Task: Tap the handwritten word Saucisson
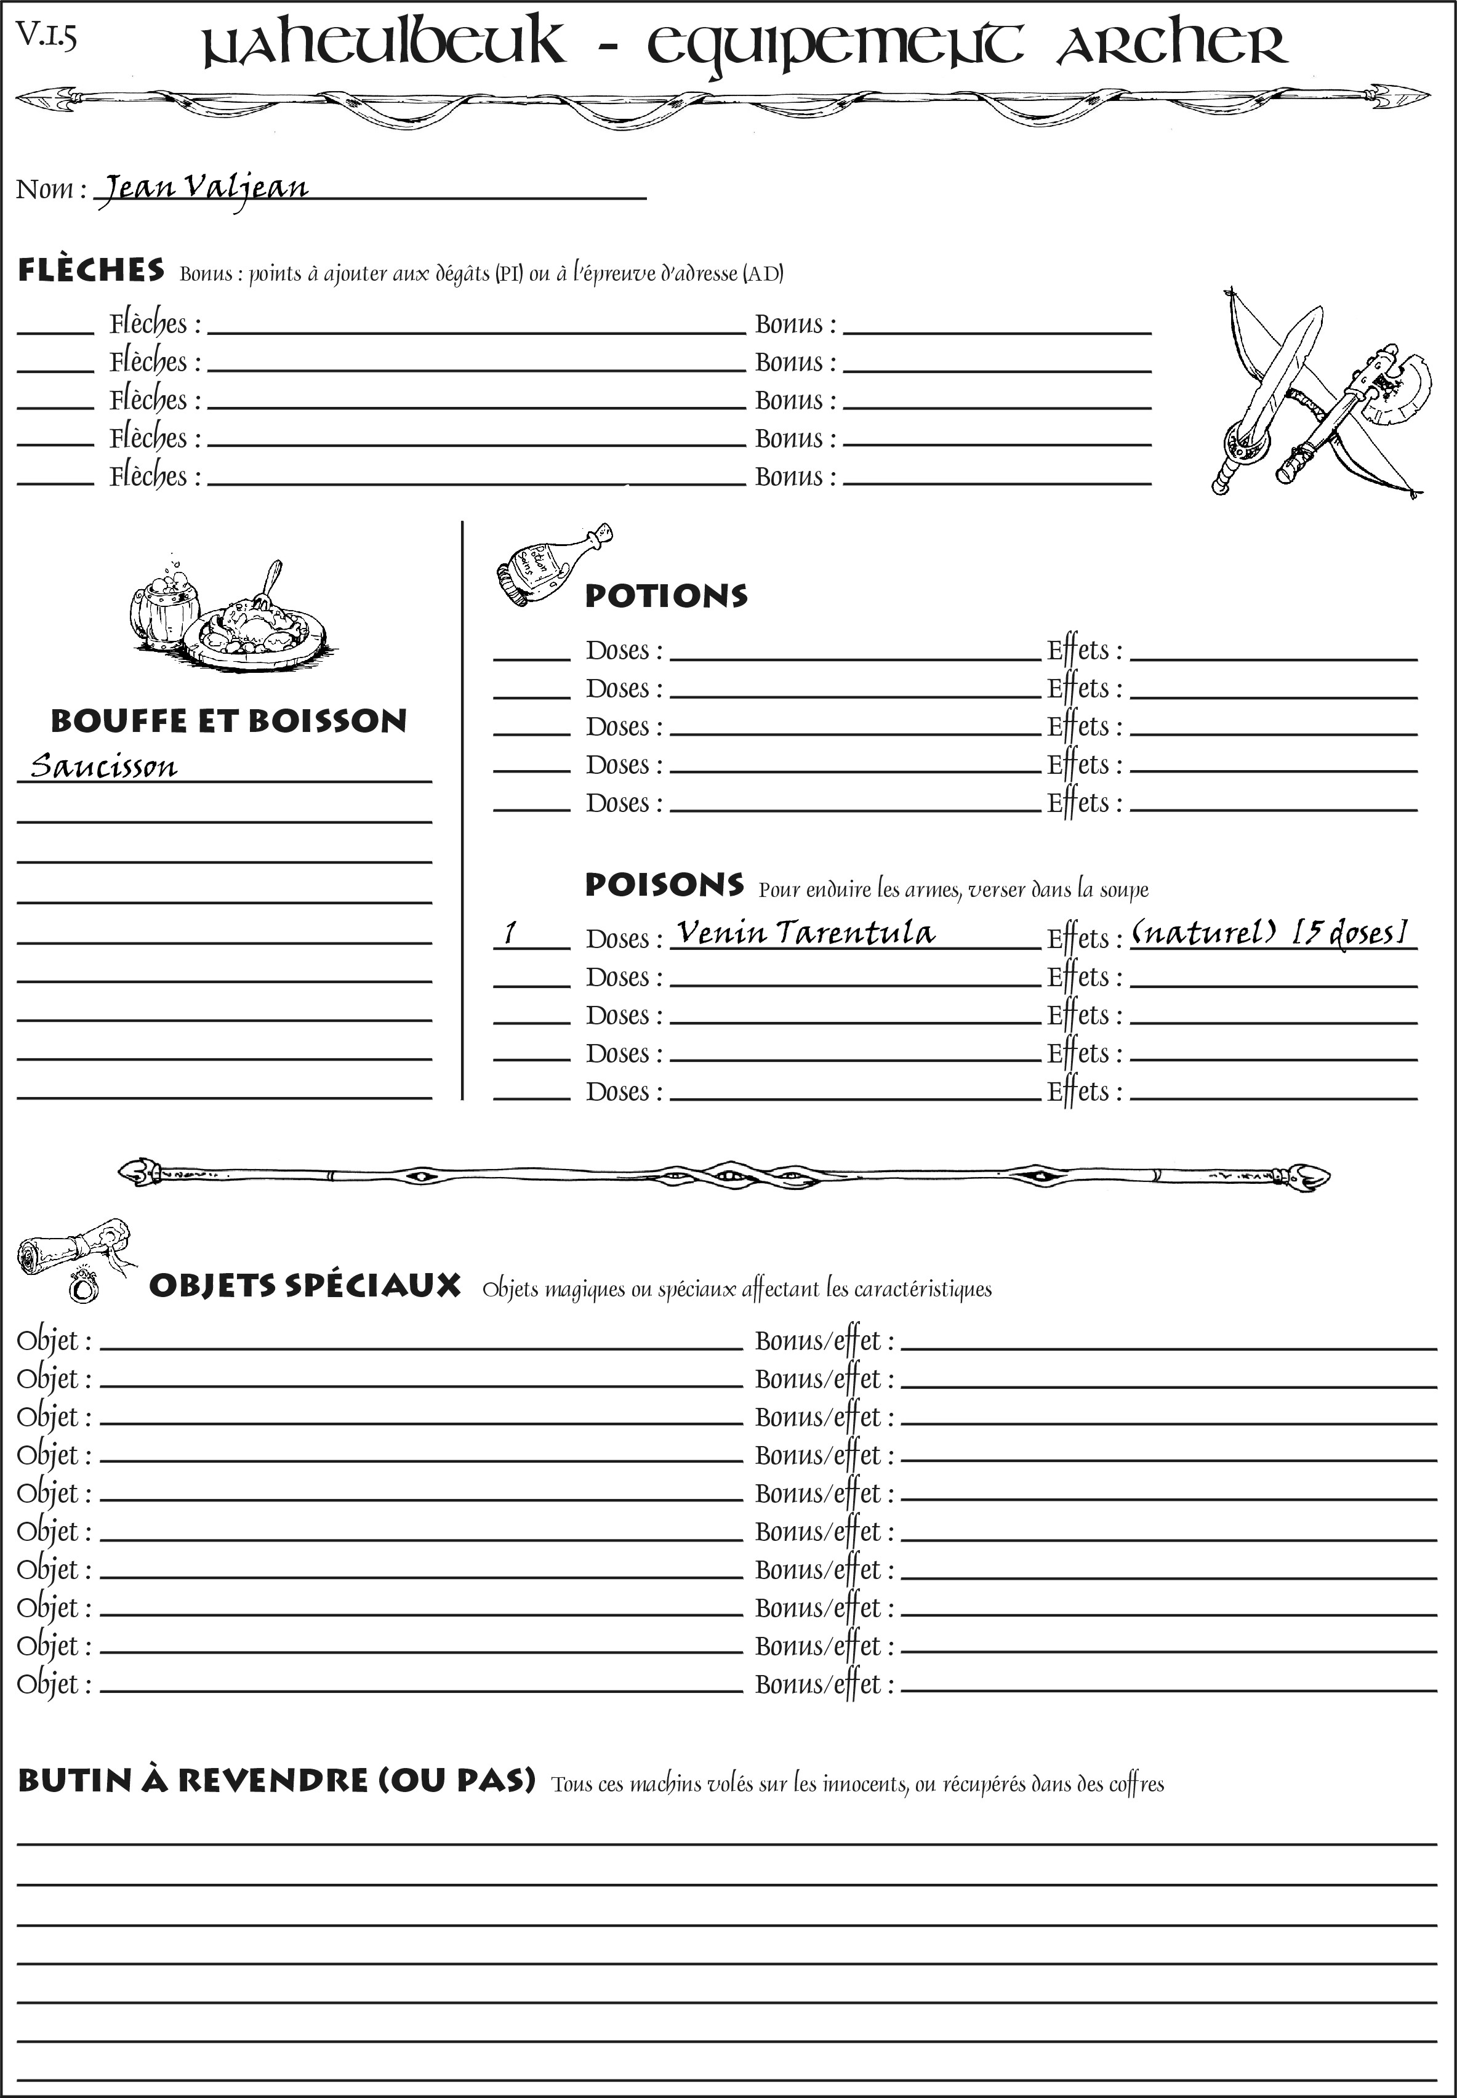pos(103,765)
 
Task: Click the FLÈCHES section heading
pos(91,270)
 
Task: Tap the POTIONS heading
pos(665,596)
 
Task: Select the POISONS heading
pos(664,884)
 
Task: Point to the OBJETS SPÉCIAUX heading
pos(304,1285)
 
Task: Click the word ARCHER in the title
pos(1171,46)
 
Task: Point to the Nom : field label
pos(51,189)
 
